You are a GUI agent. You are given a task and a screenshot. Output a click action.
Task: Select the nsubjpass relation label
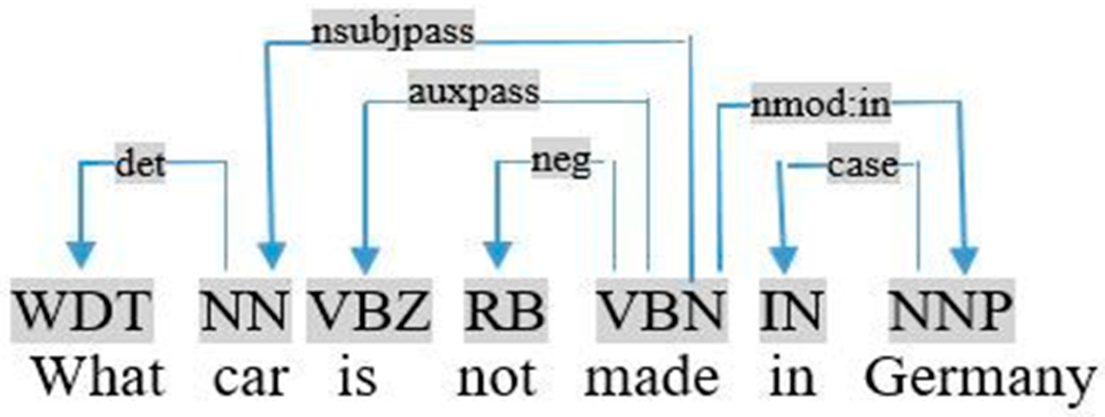point(393,31)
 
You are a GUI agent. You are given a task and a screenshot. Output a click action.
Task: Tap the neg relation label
point(561,161)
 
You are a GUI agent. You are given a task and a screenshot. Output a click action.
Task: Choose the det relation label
point(140,164)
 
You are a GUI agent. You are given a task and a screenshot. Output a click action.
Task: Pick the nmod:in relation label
point(821,104)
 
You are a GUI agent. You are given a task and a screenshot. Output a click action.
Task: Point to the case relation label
point(863,165)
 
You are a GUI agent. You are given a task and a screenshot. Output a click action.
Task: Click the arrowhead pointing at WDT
point(81,254)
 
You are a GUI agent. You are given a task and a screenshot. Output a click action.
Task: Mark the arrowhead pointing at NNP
point(964,260)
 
